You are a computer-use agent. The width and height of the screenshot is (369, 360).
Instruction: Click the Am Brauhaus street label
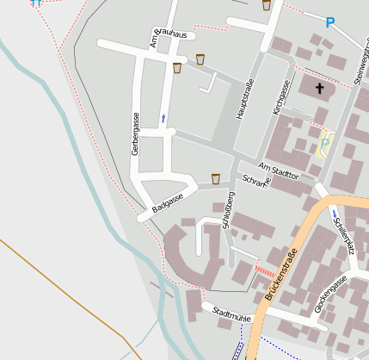tap(171, 37)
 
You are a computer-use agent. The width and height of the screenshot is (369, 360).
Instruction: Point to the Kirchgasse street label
tap(280, 97)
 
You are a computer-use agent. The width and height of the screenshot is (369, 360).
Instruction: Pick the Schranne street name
tap(256, 182)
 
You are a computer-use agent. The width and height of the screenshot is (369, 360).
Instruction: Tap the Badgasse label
tap(168, 204)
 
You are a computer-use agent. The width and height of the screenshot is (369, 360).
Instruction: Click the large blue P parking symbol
tap(329, 22)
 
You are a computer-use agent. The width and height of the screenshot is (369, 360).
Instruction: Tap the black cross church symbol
tap(320, 88)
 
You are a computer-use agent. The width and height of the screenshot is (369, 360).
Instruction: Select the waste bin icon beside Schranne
tap(215, 178)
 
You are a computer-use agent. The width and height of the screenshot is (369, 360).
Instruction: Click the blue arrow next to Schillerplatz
tap(333, 214)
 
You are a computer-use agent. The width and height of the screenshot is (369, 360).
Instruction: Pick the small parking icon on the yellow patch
tap(324, 141)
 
